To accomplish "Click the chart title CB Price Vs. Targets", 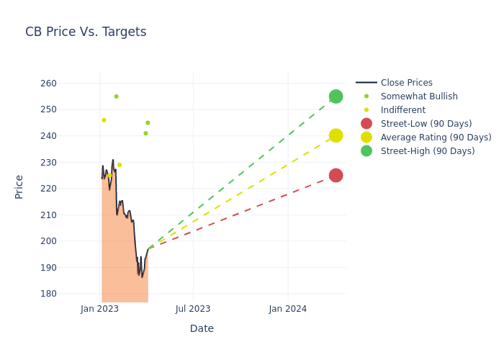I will coord(86,32).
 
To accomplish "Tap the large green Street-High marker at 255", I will coord(336,96).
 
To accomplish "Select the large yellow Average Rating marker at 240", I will coord(336,135).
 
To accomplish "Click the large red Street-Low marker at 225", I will coord(336,175).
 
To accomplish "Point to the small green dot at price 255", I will coord(116,96).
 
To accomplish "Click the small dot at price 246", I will coord(104,120).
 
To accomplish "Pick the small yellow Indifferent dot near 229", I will coord(120,165).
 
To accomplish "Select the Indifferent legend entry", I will coord(402,110).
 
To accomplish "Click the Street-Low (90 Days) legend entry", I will coord(426,124).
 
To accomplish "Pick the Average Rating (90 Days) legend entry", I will coord(436,138).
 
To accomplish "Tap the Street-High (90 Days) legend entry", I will coord(428,151).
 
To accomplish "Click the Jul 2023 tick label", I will coord(193,309).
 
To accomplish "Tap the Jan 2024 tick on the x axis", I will coord(287,309).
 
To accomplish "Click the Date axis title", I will coord(202,328).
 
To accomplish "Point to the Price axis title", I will coord(19,186).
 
